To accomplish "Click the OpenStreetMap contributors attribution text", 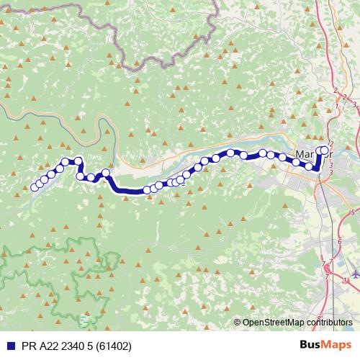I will tap(297, 323).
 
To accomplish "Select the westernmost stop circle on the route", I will tap(35, 187).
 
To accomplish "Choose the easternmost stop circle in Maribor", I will tap(325, 150).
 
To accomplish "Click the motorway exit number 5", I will tap(351, 213).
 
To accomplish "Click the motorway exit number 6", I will tap(339, 240).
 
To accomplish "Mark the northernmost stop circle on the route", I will tap(325, 150).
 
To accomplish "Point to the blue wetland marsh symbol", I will tap(86, 318).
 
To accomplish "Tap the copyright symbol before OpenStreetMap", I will tap(238, 323).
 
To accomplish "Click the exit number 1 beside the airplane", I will tap(346, 279).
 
